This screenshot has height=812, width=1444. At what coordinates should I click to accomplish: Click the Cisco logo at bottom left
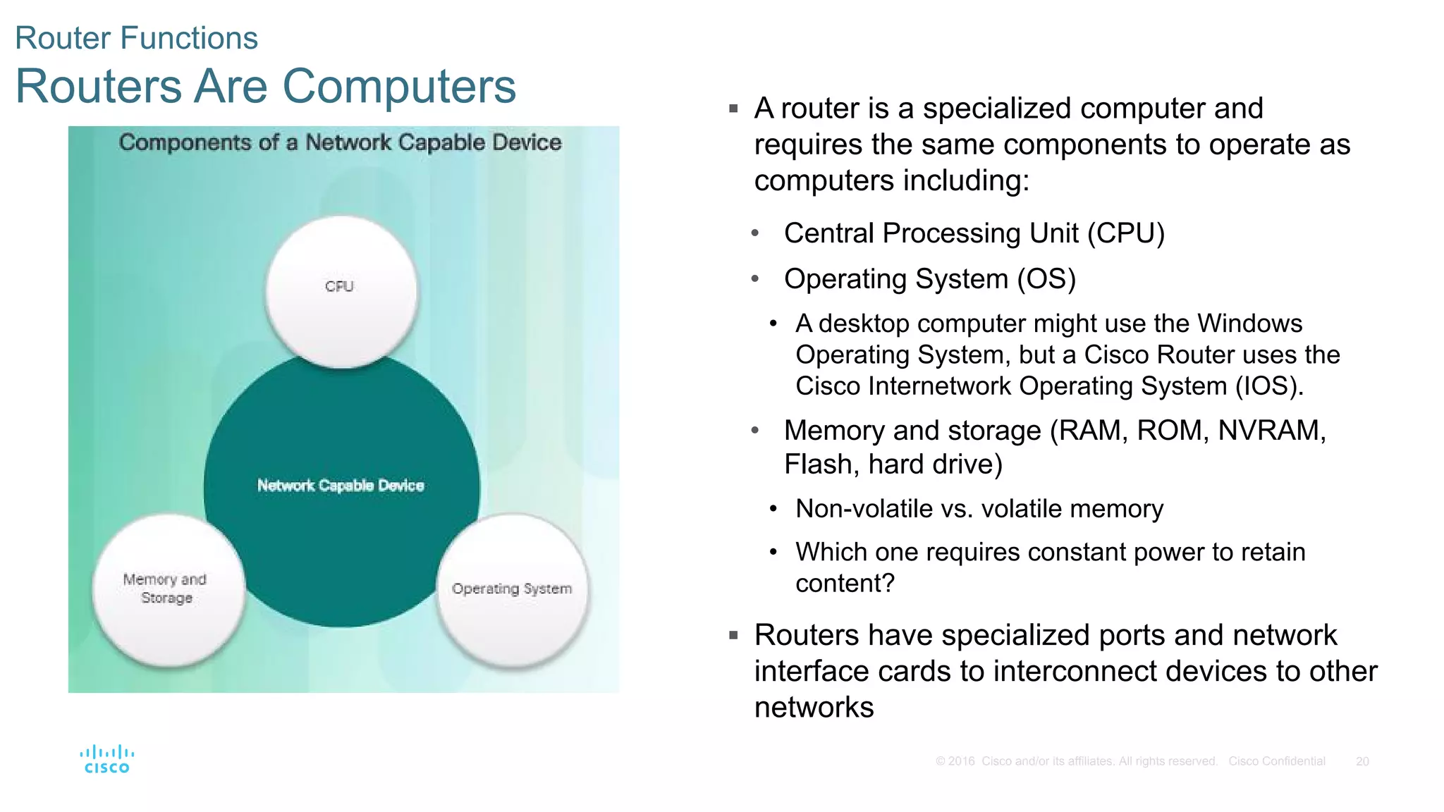(x=107, y=759)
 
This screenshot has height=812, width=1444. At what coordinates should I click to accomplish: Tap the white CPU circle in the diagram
(x=341, y=290)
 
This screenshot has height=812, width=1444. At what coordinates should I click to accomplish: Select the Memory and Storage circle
(x=168, y=589)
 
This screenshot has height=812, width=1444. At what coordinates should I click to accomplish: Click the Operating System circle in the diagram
(x=513, y=589)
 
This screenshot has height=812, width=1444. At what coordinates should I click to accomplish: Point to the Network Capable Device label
(x=341, y=486)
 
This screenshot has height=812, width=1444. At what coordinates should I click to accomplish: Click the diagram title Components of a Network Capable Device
(x=340, y=142)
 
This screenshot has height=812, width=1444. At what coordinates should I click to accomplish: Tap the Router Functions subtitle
(x=136, y=38)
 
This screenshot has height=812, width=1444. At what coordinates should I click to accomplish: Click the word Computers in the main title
(x=399, y=86)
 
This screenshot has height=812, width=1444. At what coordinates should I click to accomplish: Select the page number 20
(x=1362, y=761)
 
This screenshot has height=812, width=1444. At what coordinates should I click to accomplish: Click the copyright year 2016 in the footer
(x=961, y=761)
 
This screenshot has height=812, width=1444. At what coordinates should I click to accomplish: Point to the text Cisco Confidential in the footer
(x=1276, y=761)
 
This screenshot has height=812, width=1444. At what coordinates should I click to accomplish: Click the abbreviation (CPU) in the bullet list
(x=1125, y=233)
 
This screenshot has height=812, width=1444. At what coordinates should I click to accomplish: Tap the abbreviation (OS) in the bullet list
(x=1046, y=279)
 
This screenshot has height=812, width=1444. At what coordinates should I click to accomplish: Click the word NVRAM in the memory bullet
(x=1271, y=431)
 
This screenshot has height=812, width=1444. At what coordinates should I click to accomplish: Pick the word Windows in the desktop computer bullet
(x=1249, y=324)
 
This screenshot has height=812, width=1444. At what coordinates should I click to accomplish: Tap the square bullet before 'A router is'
(x=733, y=109)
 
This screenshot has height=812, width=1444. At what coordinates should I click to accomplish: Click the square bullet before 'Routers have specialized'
(x=733, y=635)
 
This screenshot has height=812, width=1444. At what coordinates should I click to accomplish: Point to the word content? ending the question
(x=845, y=584)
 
